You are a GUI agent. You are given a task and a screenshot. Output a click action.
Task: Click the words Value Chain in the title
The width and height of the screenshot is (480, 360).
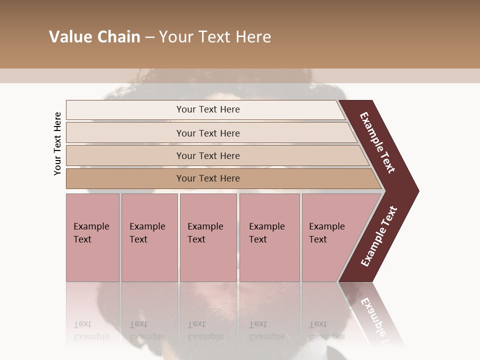click(94, 37)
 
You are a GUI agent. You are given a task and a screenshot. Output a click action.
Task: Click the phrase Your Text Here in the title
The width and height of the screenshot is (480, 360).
click(215, 37)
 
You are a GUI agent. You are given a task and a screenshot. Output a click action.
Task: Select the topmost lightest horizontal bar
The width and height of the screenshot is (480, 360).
click(125, 109)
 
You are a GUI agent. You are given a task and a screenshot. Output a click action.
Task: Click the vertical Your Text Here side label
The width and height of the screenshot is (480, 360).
click(58, 143)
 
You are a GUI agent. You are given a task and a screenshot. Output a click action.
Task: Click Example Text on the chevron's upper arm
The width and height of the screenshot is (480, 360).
click(377, 142)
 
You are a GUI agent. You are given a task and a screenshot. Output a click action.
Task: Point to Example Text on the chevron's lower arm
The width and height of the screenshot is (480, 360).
click(379, 236)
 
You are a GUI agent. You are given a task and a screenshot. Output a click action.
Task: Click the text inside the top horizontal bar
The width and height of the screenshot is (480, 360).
click(208, 109)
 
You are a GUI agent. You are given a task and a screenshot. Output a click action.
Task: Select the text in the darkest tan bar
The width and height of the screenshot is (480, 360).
click(208, 178)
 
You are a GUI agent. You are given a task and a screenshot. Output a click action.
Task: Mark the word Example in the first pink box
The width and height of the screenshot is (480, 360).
click(91, 226)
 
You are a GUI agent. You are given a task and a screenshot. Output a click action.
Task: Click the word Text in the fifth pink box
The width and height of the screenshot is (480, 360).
click(318, 239)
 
